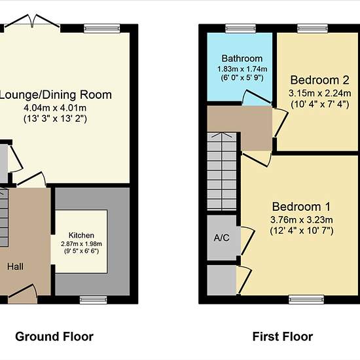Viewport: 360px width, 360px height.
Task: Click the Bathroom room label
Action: (242, 58)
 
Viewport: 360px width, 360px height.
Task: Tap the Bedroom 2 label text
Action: (320, 80)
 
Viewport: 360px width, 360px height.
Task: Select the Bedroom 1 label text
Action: (301, 207)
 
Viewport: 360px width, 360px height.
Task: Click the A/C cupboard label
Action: (221, 238)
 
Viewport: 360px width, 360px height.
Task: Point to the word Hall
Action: (15, 266)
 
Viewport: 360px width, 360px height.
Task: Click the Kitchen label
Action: (81, 236)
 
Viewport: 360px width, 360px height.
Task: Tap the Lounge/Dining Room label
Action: (56, 95)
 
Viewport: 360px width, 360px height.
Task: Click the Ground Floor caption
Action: (54, 336)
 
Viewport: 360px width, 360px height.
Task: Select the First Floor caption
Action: (283, 336)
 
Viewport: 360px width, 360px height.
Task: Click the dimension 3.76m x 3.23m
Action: (302, 220)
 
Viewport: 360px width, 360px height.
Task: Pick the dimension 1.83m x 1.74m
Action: (242, 69)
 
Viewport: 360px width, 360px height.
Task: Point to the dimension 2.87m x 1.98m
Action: (81, 243)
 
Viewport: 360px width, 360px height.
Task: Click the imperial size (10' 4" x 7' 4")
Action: (320, 104)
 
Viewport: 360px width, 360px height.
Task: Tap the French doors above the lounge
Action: (32, 21)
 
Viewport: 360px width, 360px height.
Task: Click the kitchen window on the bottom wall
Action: (93, 300)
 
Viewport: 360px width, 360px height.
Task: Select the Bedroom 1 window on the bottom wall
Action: (306, 299)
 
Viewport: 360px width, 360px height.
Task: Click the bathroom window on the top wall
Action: (240, 28)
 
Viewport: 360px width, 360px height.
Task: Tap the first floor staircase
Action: (222, 171)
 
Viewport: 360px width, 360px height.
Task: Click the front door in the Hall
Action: (22, 294)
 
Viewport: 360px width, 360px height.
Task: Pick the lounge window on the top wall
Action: (102, 28)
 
